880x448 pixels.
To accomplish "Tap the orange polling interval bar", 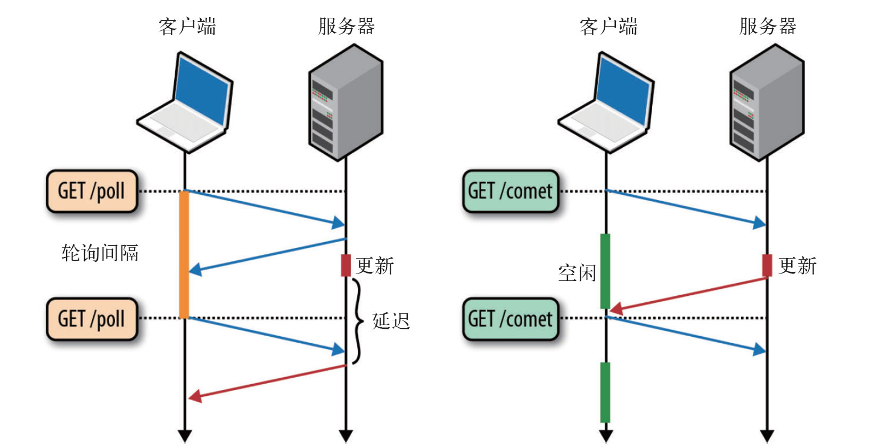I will [184, 254].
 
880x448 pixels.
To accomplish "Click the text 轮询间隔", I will [100, 253].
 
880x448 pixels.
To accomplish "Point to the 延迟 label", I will [391, 321].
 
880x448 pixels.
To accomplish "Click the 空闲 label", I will [577, 273].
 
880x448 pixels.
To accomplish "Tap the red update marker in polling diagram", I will [346, 265].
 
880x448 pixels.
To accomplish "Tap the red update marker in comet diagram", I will [767, 265].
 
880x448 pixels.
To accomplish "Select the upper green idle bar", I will [605, 270].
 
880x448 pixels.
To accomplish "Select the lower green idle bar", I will [605, 392].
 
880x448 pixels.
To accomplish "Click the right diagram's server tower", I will [767, 101].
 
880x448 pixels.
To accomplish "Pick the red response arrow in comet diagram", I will [687, 294].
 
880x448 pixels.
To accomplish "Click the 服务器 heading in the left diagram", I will [346, 26].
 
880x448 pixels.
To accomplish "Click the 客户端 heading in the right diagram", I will [608, 26].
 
